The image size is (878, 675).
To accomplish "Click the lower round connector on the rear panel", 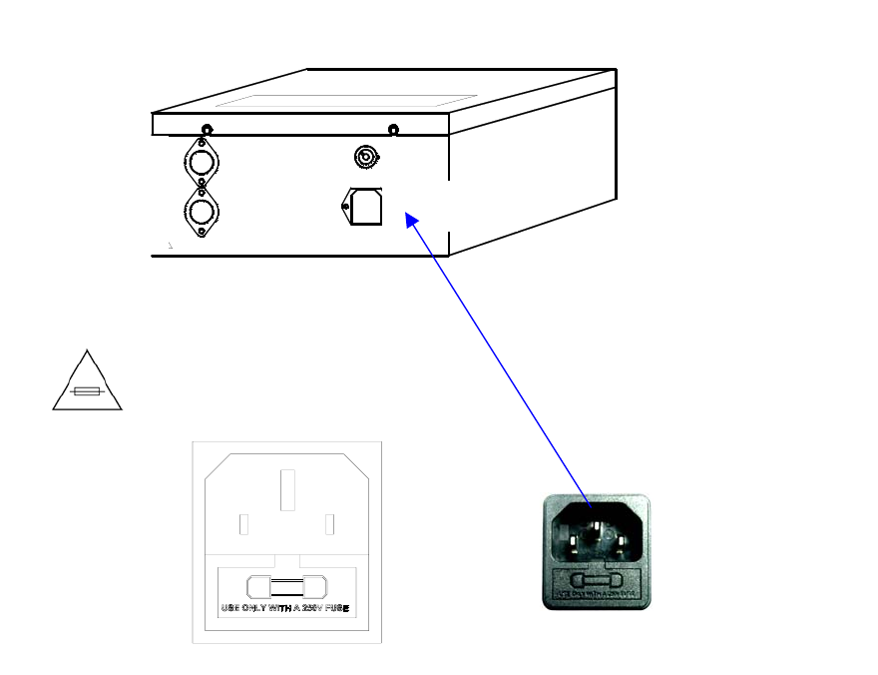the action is [203, 211].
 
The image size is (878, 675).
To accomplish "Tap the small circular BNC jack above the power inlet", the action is [367, 157].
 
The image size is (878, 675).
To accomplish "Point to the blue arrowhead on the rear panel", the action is [410, 221].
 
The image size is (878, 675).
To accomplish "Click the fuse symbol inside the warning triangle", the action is [88, 392].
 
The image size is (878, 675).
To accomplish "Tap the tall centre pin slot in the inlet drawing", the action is [287, 490].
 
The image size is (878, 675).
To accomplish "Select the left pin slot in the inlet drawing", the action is [244, 524].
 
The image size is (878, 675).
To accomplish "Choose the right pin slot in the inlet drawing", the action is [329, 524].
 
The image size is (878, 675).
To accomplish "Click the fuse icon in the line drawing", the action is [286, 586].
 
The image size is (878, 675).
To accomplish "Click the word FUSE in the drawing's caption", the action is [337, 608].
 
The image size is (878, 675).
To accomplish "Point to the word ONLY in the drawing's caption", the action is [258, 608].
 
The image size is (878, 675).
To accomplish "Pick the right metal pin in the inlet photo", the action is [621, 545].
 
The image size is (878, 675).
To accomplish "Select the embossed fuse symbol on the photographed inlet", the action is [597, 580].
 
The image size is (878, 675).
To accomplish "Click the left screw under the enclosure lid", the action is [207, 130].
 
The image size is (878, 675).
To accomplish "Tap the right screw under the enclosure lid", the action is [393, 130].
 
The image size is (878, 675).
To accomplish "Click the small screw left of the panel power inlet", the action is [345, 207].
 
